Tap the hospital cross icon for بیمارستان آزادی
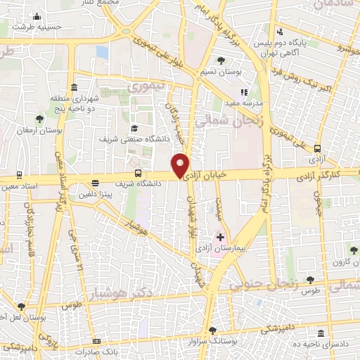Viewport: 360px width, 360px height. pos(221,238)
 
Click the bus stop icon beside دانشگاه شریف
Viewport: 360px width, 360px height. pos(138,172)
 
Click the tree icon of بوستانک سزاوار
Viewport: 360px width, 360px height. pos(212,329)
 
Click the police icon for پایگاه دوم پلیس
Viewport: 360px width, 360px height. pos(281,31)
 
